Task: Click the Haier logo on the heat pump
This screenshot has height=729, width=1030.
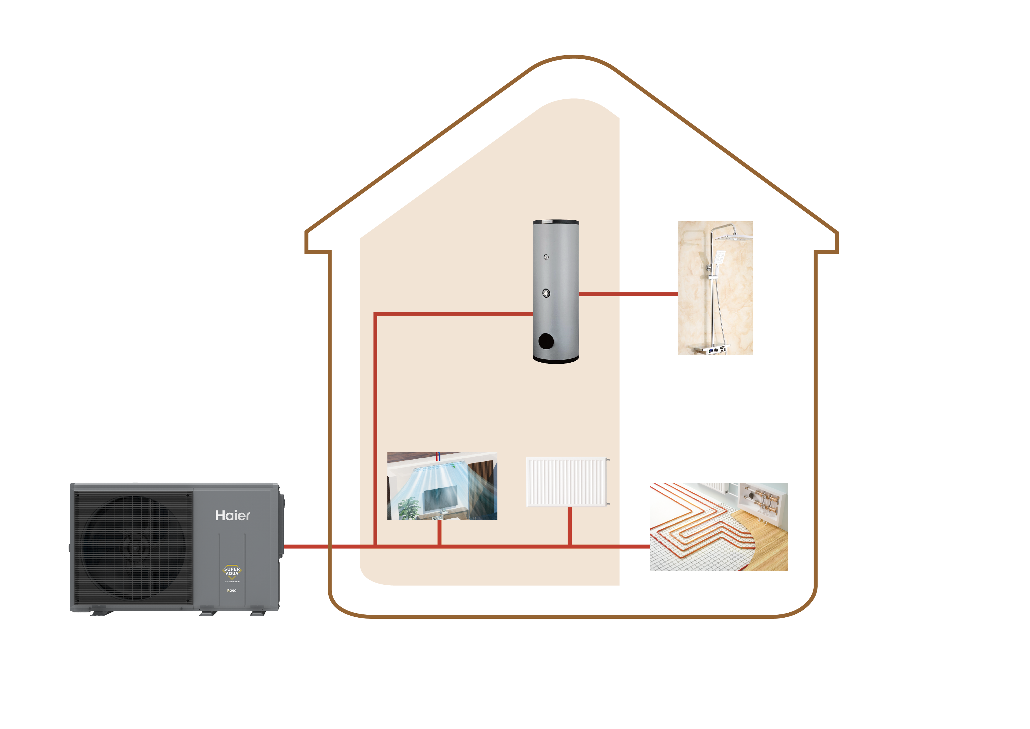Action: [232, 515]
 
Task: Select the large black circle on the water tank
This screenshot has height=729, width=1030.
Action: [546, 341]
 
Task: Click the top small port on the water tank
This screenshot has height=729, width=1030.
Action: [546, 257]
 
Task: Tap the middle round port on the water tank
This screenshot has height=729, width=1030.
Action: [546, 293]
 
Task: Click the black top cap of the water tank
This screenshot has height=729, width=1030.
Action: [556, 222]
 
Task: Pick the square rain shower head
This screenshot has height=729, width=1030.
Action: [733, 237]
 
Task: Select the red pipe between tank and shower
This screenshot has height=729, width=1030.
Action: [628, 294]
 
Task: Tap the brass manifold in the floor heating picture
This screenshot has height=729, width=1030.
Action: [762, 499]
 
